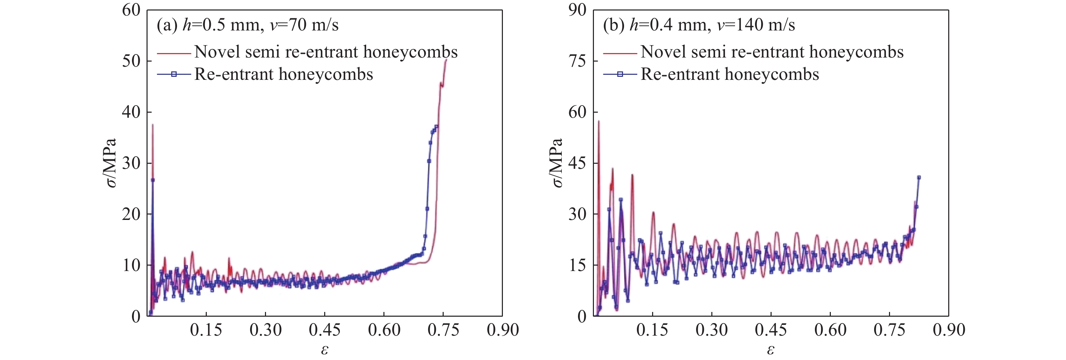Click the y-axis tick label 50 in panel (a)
[131, 61]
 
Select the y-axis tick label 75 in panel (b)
[577, 61]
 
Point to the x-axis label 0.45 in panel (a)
[325, 330]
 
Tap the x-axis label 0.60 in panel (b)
[830, 330]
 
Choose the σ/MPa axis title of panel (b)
[557, 163]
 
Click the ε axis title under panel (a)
[325, 350]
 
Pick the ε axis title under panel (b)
[771, 350]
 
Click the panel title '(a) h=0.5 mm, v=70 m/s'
[247, 25]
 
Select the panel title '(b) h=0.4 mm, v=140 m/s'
[699, 25]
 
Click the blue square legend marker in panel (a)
[174, 74]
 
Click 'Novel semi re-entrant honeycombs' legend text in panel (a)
[326, 52]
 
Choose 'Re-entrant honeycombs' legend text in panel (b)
[730, 74]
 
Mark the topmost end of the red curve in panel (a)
[446, 60]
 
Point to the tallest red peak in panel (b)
[598, 121]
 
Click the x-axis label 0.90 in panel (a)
[503, 330]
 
